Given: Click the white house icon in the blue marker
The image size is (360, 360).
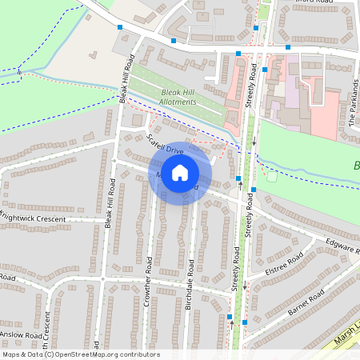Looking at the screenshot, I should coord(180,172).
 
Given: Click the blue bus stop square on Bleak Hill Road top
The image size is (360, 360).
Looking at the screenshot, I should coord(120,28).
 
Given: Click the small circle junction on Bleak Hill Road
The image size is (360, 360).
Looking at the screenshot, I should coord(102,279).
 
